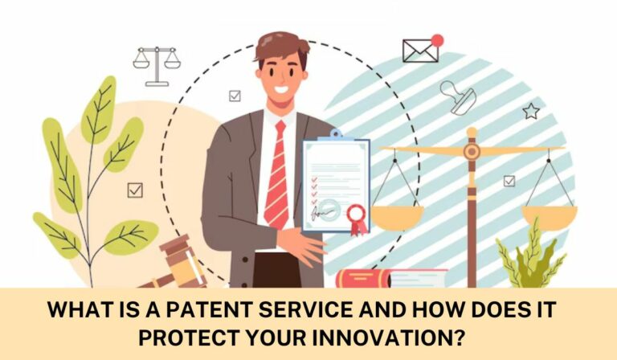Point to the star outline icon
[x=530, y=111]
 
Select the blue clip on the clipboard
[x=335, y=133]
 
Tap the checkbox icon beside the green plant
[x=135, y=190]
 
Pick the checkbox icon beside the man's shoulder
[x=235, y=96]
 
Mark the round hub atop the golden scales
[x=472, y=150]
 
